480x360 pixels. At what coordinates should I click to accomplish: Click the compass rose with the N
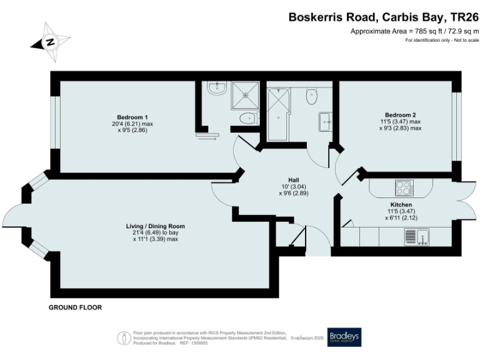coord(49,42)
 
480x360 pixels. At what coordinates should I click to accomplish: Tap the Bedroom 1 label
coord(132,117)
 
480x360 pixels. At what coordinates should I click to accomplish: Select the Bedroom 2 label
coord(400,115)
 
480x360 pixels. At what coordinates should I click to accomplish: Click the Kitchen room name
coord(401,204)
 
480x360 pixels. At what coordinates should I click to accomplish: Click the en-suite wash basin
coord(217,90)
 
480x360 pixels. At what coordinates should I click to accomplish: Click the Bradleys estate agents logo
coord(344,336)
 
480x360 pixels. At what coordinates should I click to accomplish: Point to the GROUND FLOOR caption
coord(75,307)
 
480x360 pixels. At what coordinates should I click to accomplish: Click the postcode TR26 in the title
coord(463,18)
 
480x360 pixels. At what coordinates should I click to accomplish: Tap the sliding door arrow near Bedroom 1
coord(207,138)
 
